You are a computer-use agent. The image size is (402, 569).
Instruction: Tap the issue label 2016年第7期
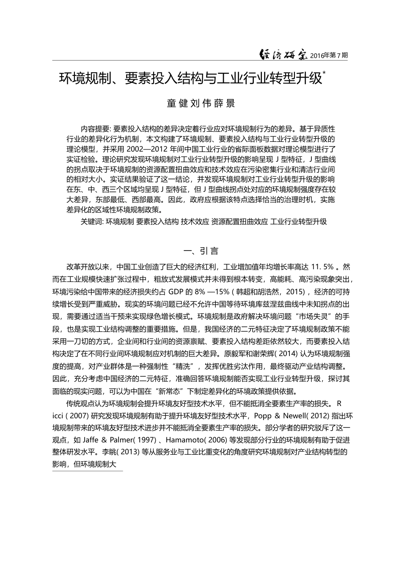329,55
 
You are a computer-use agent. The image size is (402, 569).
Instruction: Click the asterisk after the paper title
324,73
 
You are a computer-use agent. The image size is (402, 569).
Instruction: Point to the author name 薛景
224,103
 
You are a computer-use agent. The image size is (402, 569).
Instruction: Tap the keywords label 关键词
91,221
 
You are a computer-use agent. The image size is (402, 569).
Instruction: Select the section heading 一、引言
201,251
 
